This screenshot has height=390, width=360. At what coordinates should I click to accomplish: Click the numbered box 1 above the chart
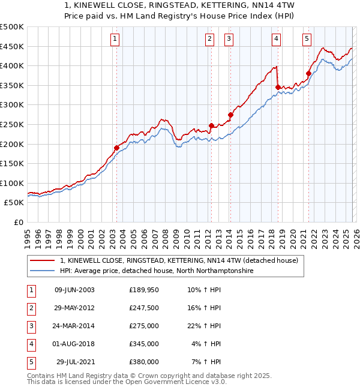coord(115,39)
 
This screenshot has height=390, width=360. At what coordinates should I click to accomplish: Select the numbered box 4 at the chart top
coord(276,39)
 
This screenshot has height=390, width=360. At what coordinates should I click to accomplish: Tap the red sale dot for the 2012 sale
coord(211,125)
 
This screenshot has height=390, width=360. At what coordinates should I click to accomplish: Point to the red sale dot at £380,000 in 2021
coord(308,74)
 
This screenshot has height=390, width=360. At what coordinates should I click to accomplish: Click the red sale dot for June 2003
coord(116,148)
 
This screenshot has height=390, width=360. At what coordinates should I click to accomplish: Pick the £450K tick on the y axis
coord(12,46)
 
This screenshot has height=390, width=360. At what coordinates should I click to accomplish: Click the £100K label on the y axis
coord(12,183)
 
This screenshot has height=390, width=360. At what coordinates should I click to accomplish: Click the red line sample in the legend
coord(43,260)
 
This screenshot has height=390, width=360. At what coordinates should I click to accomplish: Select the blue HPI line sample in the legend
coord(43,271)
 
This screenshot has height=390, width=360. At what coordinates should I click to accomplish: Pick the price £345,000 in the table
coord(144,344)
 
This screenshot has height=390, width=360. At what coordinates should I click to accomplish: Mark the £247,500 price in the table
coord(144,308)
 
